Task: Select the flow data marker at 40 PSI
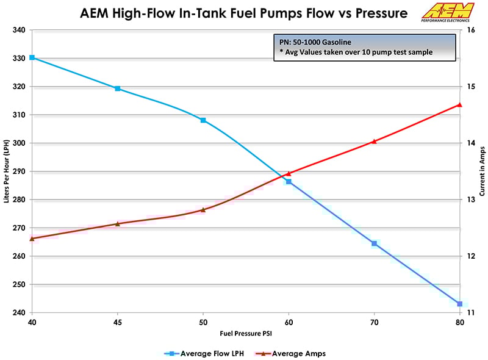point(32,57)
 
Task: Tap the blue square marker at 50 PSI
point(203,120)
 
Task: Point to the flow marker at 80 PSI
point(459,304)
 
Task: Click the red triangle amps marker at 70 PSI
point(374,141)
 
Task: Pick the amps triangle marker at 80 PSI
point(459,104)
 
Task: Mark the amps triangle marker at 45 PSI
point(118,223)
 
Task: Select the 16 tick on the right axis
point(471,31)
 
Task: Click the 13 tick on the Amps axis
point(471,200)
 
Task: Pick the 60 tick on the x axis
point(289,322)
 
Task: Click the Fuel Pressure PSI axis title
point(246,334)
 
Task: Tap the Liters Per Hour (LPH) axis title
point(5,171)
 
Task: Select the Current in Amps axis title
point(482,171)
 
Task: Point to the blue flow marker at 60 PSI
point(289,181)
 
